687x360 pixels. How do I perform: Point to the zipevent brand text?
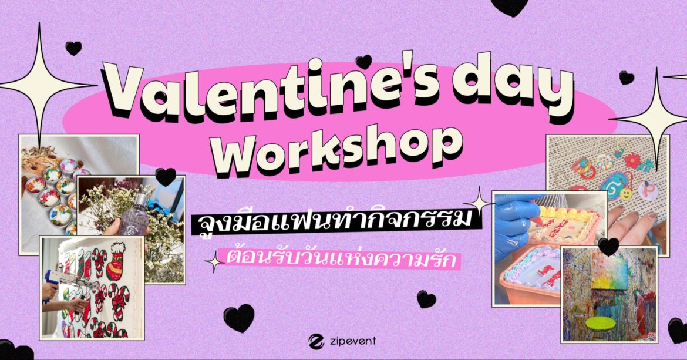tap(352, 341)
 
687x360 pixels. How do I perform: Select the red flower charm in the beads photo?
tap(632, 161)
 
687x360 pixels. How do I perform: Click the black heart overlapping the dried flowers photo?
tap(166, 177)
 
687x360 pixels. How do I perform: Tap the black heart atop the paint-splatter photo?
tap(608, 247)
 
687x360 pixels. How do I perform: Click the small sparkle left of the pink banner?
tap(215, 261)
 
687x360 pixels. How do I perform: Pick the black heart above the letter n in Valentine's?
tap(363, 62)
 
